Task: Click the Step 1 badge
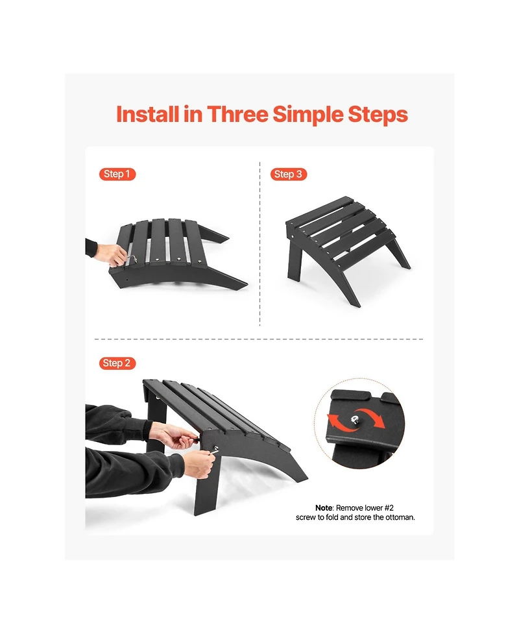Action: (117, 175)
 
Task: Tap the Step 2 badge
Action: (117, 363)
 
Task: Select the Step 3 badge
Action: (289, 175)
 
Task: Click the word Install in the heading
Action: (147, 114)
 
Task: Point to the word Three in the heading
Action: (237, 114)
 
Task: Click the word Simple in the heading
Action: (308, 116)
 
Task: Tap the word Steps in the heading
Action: (378, 116)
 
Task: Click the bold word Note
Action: (324, 508)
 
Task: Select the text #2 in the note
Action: (389, 508)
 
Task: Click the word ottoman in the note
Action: (400, 518)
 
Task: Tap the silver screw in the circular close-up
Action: (354, 420)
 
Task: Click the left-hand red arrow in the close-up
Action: (339, 422)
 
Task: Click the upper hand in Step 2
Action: (174, 435)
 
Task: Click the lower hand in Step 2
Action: (199, 464)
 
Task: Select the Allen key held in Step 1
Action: (130, 258)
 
